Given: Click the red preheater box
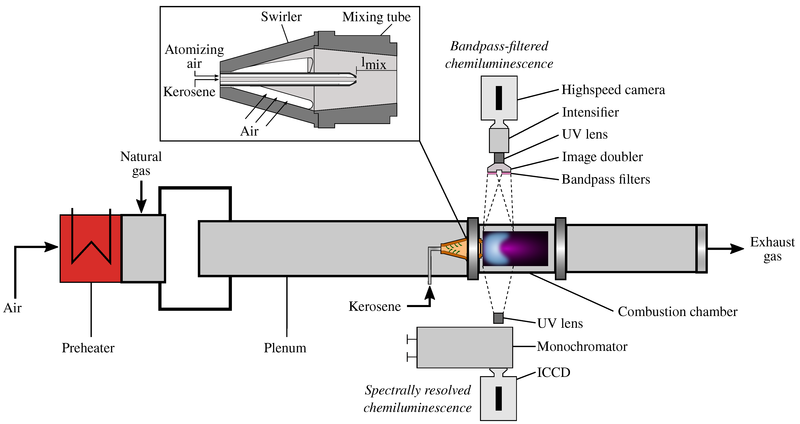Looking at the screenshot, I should (x=90, y=248).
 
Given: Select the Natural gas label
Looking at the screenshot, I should (x=141, y=163).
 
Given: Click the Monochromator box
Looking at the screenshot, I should (x=464, y=347).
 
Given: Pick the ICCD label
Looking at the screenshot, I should (x=553, y=372).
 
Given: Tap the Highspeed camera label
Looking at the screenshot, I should (x=613, y=90).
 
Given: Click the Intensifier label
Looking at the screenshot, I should (x=590, y=112).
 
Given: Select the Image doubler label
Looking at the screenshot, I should (x=602, y=157).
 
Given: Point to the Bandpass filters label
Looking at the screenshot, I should (x=606, y=179).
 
